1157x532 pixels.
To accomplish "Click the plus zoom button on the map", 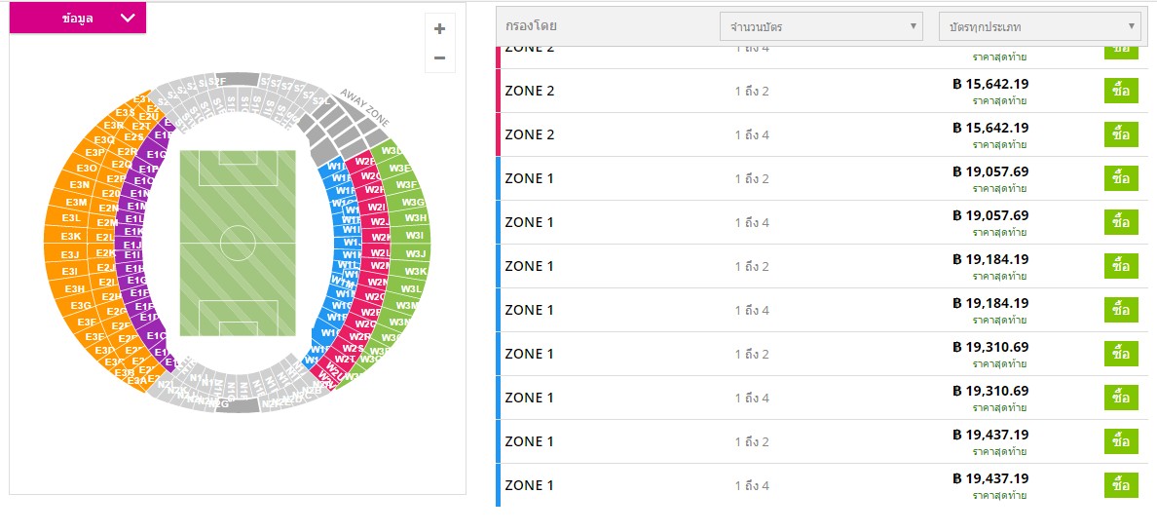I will [439, 28].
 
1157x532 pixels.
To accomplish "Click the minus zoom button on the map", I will [439, 58].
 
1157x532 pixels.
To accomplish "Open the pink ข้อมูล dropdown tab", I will [78, 18].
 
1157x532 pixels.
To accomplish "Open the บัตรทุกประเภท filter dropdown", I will [1038, 26].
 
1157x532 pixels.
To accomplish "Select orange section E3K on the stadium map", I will [71, 236].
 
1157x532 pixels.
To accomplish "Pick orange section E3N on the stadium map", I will [80, 184].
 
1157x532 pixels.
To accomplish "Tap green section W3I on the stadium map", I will [415, 236].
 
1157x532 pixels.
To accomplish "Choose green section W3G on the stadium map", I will [412, 202].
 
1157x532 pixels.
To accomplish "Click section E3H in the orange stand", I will [75, 289].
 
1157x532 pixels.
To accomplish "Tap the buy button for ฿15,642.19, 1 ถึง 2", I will [1120, 91].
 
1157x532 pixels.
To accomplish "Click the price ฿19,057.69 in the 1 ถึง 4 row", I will [990, 215].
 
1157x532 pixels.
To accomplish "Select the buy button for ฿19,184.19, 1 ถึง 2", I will [1120, 266].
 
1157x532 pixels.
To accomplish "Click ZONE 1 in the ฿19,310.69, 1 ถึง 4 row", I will [529, 398].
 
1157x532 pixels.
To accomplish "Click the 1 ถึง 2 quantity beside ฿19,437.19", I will [752, 441].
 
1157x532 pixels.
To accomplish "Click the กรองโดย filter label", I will [532, 26].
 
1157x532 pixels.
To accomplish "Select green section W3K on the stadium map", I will [416, 271].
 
